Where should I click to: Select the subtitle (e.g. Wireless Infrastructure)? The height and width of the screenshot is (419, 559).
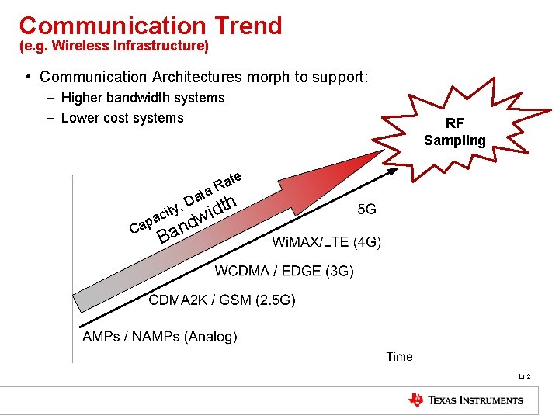tap(114, 47)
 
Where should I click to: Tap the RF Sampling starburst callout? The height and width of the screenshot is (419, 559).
tap(455, 132)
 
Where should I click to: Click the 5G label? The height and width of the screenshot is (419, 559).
tap(367, 209)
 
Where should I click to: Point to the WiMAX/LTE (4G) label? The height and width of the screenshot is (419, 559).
tap(326, 242)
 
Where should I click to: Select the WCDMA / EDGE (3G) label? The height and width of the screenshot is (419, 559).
tap(284, 271)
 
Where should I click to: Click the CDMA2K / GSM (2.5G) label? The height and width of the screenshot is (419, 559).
tap(222, 300)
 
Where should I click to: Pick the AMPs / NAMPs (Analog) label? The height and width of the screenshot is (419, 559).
tap(160, 336)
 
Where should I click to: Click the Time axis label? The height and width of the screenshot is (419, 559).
tap(400, 356)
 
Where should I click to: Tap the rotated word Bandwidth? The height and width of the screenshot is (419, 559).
tap(196, 219)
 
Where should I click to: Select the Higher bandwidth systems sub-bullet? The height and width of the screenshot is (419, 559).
tap(142, 98)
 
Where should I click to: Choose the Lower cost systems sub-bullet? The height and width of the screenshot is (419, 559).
tap(122, 118)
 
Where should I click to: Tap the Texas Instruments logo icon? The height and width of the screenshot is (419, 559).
tap(416, 400)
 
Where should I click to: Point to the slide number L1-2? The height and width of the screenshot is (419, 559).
tap(525, 377)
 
